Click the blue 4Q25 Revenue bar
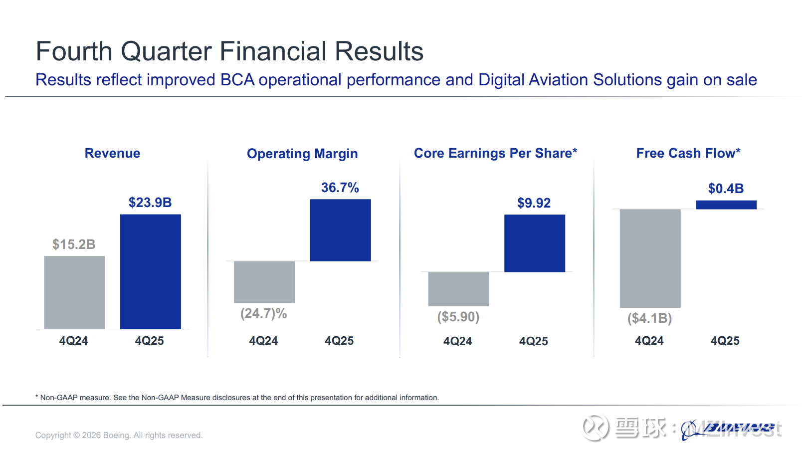tap(150, 271)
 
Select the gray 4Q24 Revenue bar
tap(74, 292)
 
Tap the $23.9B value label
tap(150, 203)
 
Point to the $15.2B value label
tap(74, 244)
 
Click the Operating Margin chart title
tap(302, 154)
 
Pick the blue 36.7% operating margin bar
tap(340, 230)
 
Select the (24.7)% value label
tap(263, 313)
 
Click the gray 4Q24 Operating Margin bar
tap(264, 282)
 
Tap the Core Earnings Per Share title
tap(495, 153)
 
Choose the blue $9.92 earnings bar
tap(535, 243)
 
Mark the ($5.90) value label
tap(458, 317)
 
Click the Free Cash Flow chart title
tap(688, 153)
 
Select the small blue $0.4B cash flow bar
tap(726, 205)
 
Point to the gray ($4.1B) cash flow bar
tap(650, 258)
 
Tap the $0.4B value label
tap(726, 189)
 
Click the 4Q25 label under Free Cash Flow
tap(725, 341)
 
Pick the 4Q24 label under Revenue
tap(73, 341)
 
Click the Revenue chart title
tap(112, 153)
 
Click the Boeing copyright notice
tap(119, 435)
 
